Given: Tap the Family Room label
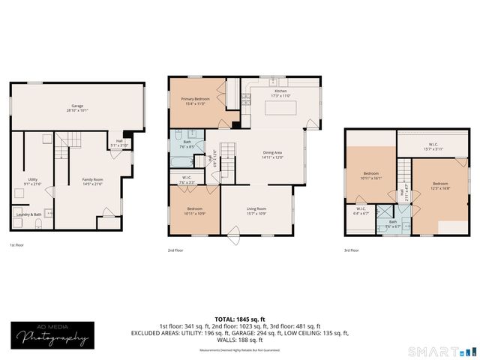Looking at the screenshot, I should [x=92, y=180].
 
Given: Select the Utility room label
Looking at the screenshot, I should [x=32, y=180].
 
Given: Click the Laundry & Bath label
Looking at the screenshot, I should [x=28, y=214].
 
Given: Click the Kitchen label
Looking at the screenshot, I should [x=279, y=92].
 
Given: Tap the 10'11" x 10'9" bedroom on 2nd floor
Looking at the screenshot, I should [x=193, y=209].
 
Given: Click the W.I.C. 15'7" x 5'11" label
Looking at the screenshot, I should [x=429, y=148].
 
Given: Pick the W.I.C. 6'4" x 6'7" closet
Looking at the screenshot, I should [x=361, y=211].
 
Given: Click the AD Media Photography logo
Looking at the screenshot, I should [x=49, y=335].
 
